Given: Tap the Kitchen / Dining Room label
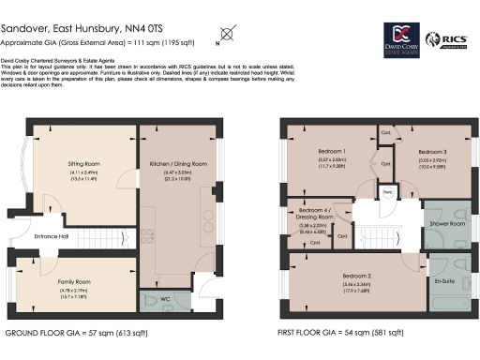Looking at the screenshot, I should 176,163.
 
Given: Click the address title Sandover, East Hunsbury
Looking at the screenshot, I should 71,29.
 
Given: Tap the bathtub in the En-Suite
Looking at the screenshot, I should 441,305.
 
